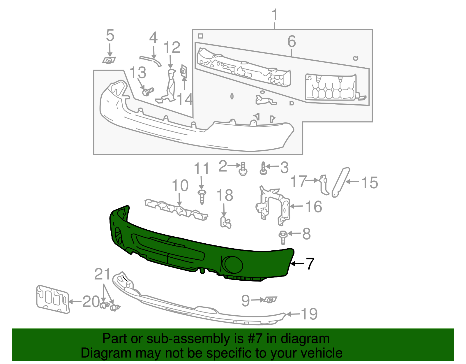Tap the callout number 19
309,314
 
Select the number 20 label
91,301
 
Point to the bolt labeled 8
282,237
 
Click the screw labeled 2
243,169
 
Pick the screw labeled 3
263,169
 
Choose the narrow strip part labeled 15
340,182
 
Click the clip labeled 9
271,300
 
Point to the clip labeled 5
109,60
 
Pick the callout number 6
292,41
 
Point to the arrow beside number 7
297,263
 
